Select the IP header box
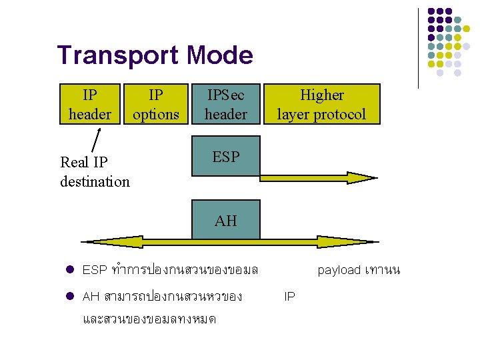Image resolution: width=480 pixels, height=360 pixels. (x=90, y=105)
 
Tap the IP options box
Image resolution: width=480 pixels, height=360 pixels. (x=155, y=105)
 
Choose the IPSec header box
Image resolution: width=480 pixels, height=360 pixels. (x=225, y=105)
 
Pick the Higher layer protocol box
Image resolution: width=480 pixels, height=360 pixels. (x=321, y=105)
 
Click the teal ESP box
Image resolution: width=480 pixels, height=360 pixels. (x=225, y=157)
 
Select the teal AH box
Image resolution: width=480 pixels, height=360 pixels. (x=225, y=220)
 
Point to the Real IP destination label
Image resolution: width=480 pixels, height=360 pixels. (x=95, y=171)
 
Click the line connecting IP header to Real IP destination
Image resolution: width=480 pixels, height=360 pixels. (x=97, y=139)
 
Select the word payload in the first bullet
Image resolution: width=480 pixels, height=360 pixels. (x=339, y=270)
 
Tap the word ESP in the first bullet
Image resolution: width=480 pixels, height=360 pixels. (x=95, y=270)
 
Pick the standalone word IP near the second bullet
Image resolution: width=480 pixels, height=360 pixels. (x=289, y=296)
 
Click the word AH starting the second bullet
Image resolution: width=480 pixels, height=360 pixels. (x=91, y=296)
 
